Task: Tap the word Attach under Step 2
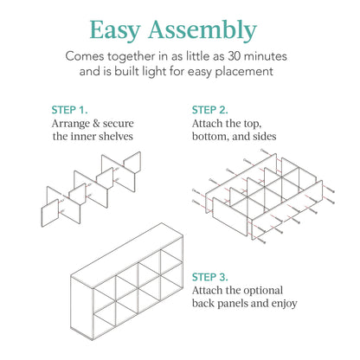point(210,124)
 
